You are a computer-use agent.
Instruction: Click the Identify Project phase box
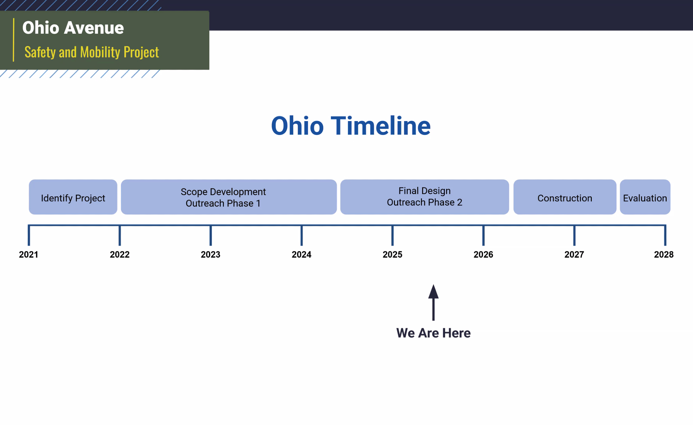point(73,197)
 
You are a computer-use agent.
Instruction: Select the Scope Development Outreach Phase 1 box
point(229,197)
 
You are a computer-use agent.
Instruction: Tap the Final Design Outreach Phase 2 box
point(424,197)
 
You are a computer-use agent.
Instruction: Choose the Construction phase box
point(565,197)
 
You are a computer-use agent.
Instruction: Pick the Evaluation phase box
point(645,197)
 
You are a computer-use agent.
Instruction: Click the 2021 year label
point(28,255)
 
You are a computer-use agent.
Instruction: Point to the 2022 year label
point(120,255)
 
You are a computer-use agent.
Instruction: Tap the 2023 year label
point(211,255)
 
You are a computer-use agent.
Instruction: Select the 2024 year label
point(301,255)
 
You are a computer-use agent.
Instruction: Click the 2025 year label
point(393,255)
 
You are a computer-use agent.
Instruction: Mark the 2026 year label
point(483,255)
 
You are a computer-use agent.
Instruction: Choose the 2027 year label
point(574,255)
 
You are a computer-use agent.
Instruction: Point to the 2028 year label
point(664,255)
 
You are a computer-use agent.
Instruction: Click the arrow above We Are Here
point(433,303)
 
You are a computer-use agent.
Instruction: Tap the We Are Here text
point(433,333)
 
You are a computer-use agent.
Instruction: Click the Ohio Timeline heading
point(351,126)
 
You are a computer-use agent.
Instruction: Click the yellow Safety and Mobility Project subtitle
point(92,52)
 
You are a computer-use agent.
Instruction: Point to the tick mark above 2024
point(301,236)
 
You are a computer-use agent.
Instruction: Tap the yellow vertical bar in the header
point(14,40)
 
